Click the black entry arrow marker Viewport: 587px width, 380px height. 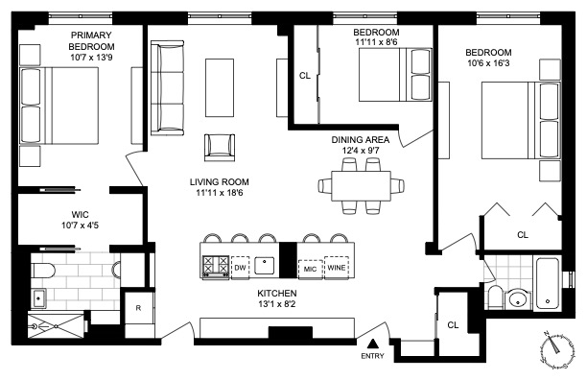(x=372, y=344)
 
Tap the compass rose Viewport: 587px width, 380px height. (x=556, y=349)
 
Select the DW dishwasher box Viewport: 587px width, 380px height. (x=241, y=268)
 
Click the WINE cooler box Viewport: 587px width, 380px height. (x=337, y=268)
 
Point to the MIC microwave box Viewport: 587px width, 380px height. (x=311, y=269)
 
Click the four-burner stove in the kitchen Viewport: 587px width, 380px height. (x=216, y=267)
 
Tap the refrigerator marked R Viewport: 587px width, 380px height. (x=139, y=308)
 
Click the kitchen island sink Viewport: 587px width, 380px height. (x=265, y=266)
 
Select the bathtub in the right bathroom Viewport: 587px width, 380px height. (x=548, y=283)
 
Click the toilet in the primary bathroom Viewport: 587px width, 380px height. (x=43, y=270)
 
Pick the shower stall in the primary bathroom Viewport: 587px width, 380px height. (x=57, y=326)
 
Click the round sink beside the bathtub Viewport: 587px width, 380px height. (x=519, y=298)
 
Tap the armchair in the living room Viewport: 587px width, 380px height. (x=220, y=148)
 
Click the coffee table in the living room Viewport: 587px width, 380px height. (x=220, y=87)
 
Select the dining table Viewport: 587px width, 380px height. (x=362, y=186)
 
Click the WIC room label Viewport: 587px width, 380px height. (x=81, y=215)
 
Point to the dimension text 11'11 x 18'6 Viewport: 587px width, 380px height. (x=220, y=193)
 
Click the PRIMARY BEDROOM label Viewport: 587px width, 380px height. (x=91, y=41)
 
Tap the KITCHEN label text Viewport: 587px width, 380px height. (x=277, y=293)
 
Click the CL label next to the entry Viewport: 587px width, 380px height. (x=453, y=325)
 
